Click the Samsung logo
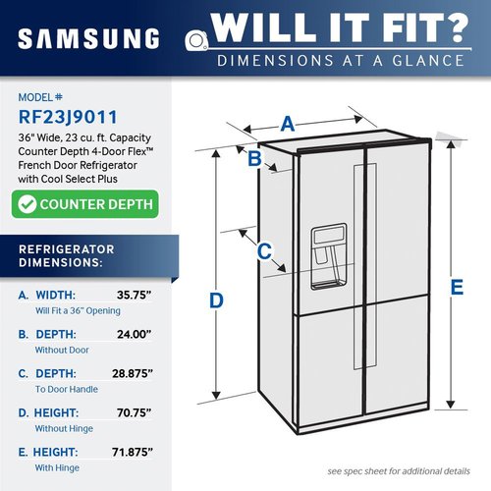click(x=88, y=38)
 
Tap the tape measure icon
click(x=196, y=41)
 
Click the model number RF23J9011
click(x=68, y=117)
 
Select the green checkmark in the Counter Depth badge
click(x=27, y=204)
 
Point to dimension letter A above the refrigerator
click(x=288, y=124)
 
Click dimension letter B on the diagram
click(x=254, y=158)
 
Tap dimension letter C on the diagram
click(x=264, y=251)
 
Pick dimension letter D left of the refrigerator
click(x=216, y=300)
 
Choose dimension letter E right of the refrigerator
click(x=457, y=287)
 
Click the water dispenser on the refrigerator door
click(x=329, y=256)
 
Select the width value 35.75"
click(x=135, y=295)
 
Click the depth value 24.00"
click(x=135, y=334)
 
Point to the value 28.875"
click(x=133, y=373)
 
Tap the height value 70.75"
click(x=135, y=412)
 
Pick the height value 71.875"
click(x=133, y=452)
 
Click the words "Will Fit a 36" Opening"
click(x=78, y=310)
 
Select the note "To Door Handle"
click(x=67, y=389)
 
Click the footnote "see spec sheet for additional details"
click(x=399, y=471)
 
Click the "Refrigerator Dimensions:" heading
click(x=67, y=256)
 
